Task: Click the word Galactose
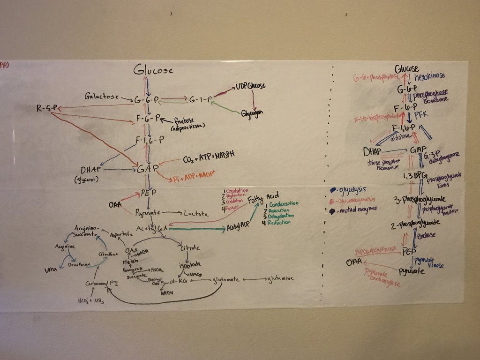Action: pos(100,97)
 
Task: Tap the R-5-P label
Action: pos(47,109)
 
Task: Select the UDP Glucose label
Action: pos(250,86)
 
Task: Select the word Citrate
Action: pos(190,247)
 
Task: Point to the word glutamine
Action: pos(281,279)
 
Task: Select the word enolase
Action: pos(426,235)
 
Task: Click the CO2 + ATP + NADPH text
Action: pos(209,156)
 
